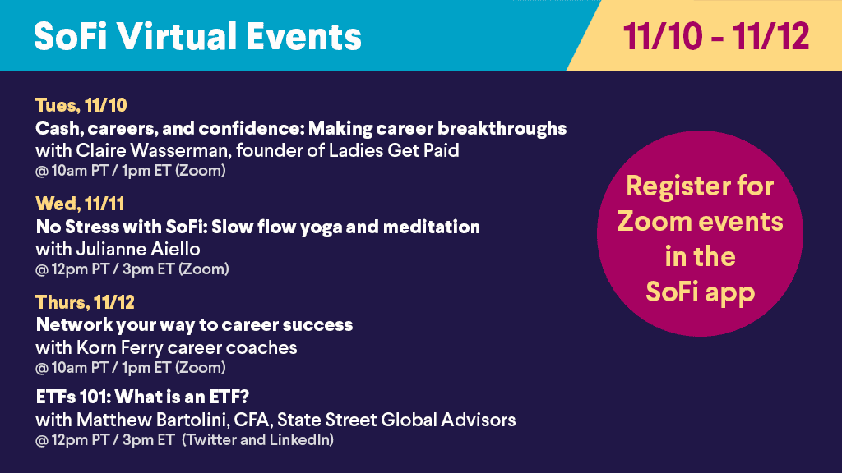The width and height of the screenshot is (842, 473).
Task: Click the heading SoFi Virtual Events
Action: [197, 36]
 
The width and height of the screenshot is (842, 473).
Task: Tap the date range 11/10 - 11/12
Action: [716, 36]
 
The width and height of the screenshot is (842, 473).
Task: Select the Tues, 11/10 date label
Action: [81, 105]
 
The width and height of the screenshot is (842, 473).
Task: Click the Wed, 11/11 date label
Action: [80, 204]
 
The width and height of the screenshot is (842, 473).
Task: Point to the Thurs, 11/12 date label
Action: [85, 302]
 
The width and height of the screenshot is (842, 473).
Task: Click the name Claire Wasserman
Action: [152, 150]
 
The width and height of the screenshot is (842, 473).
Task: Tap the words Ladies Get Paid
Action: [394, 150]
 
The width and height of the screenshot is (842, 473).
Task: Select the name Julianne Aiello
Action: [138, 249]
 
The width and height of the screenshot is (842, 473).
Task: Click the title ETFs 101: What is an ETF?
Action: [142, 397]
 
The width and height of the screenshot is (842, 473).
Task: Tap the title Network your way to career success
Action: [194, 325]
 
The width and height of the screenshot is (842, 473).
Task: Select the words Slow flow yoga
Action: [276, 227]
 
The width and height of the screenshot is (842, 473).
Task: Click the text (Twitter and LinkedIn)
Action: [257, 440]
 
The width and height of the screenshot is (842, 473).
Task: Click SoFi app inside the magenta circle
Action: [701, 292]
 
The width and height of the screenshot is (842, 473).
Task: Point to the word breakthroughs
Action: [502, 128]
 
